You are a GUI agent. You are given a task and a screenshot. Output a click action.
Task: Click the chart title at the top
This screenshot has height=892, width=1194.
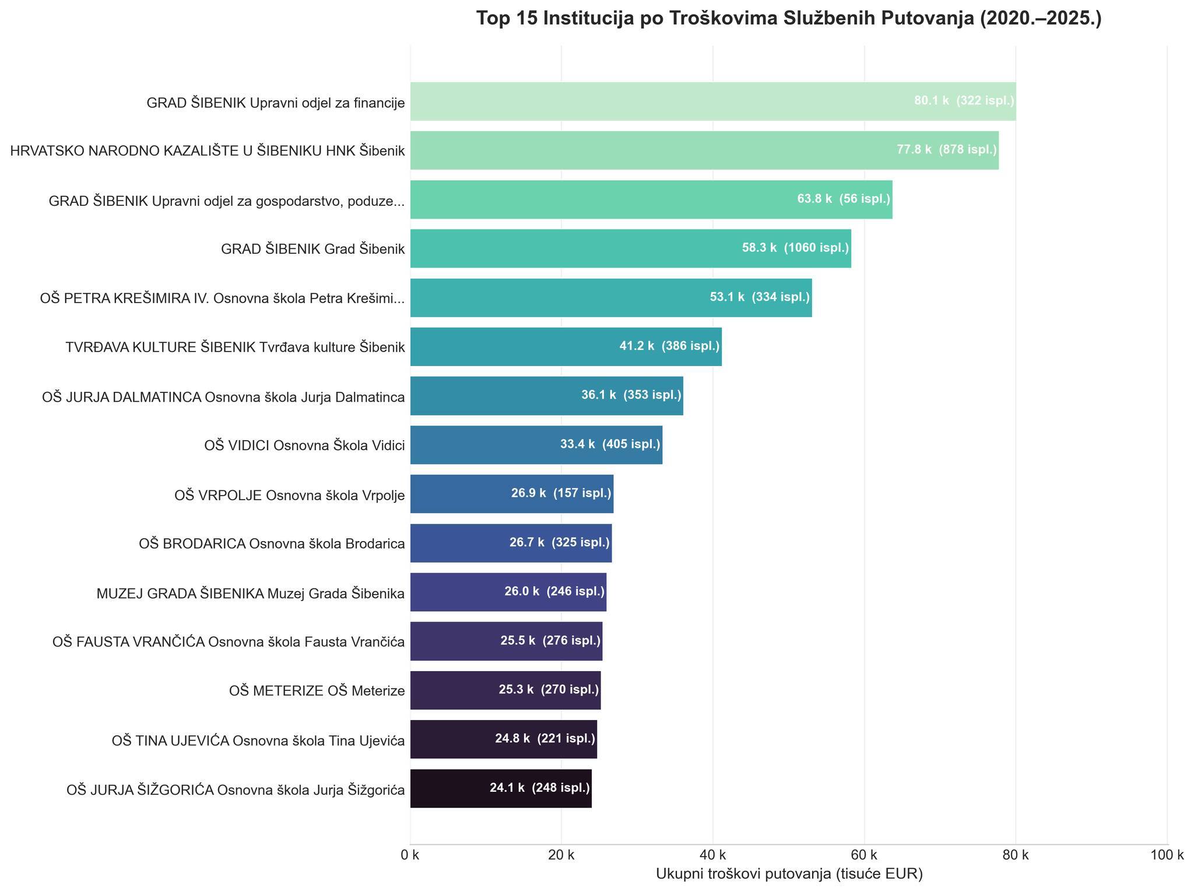click(788, 19)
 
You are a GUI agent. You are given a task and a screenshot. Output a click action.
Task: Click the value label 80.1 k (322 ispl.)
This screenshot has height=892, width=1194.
click(964, 101)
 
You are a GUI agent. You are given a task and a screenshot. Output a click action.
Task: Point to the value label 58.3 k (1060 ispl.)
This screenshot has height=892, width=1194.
click(795, 248)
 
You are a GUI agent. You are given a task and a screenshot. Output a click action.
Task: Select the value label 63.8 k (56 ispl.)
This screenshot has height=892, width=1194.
click(844, 199)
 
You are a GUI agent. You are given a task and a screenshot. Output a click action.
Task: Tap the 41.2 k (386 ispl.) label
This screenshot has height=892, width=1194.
click(669, 346)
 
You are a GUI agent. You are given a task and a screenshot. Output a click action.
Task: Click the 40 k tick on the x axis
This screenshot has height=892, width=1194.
click(712, 856)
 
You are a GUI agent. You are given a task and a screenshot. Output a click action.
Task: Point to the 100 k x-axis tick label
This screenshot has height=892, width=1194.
click(1167, 856)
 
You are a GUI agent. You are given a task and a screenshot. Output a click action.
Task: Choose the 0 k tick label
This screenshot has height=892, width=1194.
click(410, 856)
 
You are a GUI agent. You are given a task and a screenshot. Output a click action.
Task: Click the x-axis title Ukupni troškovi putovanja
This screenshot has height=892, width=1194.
click(789, 874)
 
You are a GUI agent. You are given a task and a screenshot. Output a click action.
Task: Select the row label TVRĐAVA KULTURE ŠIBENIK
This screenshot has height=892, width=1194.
click(235, 347)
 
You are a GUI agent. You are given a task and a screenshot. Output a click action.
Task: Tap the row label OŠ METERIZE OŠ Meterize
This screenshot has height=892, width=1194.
click(317, 691)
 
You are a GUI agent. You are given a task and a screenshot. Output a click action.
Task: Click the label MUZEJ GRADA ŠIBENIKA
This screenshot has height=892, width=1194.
click(251, 594)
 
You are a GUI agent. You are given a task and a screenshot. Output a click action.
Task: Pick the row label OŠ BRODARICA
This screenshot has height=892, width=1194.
click(272, 544)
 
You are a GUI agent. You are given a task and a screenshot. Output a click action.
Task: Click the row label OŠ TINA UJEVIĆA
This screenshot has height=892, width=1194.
click(258, 740)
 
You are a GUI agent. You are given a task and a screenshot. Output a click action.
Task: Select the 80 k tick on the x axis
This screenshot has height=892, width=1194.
click(1016, 856)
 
